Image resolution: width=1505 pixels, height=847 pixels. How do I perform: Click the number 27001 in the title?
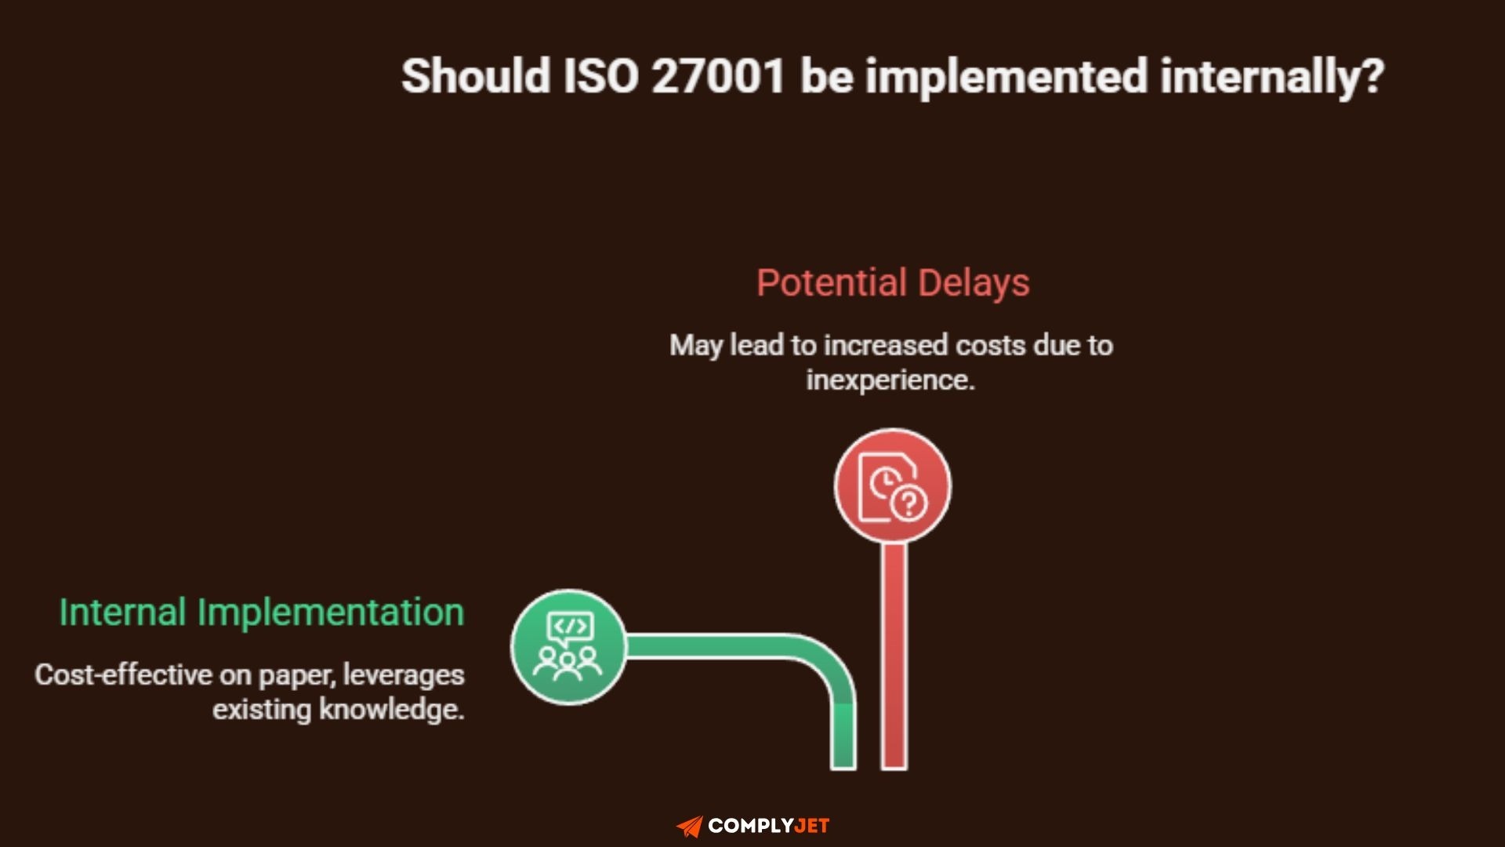tap(717, 76)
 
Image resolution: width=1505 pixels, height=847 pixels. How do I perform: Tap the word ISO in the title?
tap(600, 76)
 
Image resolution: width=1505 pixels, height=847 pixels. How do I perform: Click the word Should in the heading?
tap(476, 76)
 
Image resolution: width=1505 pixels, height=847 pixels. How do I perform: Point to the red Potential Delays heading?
tap(893, 282)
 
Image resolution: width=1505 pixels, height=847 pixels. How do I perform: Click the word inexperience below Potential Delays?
tap(889, 380)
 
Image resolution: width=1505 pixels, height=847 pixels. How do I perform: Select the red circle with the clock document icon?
tap(892, 486)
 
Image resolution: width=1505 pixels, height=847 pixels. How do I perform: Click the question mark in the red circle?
tap(909, 503)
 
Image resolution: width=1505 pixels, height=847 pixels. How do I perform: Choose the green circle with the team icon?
tap(568, 647)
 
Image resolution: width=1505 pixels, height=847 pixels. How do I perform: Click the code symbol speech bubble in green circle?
tap(570, 627)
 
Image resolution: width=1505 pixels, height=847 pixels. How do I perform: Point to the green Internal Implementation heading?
tap(262, 612)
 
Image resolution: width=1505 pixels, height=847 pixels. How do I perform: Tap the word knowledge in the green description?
tap(391, 710)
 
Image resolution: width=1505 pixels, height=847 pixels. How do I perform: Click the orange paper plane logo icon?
tap(690, 826)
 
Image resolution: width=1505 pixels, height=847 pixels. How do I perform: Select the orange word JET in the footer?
tap(811, 826)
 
